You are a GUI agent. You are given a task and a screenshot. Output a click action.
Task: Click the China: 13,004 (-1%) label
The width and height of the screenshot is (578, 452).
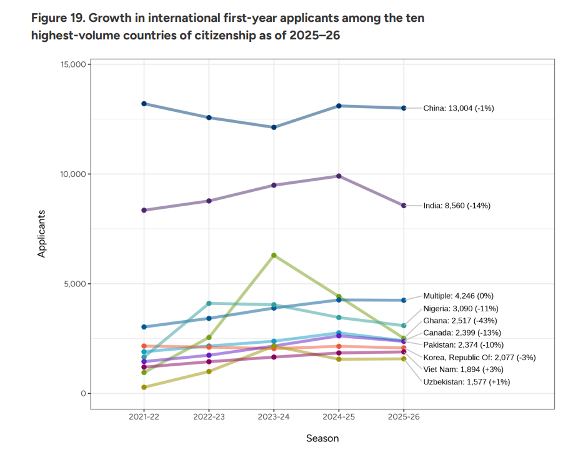coord(459,108)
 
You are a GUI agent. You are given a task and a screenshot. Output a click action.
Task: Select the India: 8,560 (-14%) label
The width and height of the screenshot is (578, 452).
coord(457,206)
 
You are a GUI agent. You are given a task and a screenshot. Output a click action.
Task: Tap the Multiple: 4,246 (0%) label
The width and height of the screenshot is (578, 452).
coord(459,296)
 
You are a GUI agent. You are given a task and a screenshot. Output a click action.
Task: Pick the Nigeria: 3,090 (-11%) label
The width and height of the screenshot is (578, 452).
coord(461,308)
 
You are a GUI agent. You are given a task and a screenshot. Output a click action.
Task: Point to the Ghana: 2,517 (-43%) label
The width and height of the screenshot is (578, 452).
coord(460,320)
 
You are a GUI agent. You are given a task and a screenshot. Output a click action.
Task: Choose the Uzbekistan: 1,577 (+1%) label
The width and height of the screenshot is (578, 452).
coord(466,381)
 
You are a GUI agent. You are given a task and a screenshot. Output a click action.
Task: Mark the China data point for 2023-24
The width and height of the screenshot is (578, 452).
coord(274,128)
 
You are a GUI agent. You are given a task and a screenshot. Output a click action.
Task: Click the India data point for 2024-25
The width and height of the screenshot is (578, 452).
coord(339,176)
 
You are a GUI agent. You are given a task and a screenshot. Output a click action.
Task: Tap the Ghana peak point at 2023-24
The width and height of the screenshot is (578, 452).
coord(274,255)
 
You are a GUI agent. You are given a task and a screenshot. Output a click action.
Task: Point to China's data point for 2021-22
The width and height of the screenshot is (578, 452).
coord(144,104)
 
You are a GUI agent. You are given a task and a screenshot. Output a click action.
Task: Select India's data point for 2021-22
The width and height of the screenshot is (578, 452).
coord(144,210)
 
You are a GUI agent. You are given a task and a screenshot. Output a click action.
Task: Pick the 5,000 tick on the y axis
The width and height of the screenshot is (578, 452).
coord(76,284)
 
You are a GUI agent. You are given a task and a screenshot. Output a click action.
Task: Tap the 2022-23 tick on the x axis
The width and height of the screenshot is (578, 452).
coord(209,417)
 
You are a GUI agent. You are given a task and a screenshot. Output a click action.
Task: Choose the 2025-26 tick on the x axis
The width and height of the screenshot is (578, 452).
coord(404,417)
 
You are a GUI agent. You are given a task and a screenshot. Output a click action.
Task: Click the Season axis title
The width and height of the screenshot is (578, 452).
coord(322,438)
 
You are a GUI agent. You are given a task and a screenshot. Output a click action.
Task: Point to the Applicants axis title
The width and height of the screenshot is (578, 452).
coord(42,234)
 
